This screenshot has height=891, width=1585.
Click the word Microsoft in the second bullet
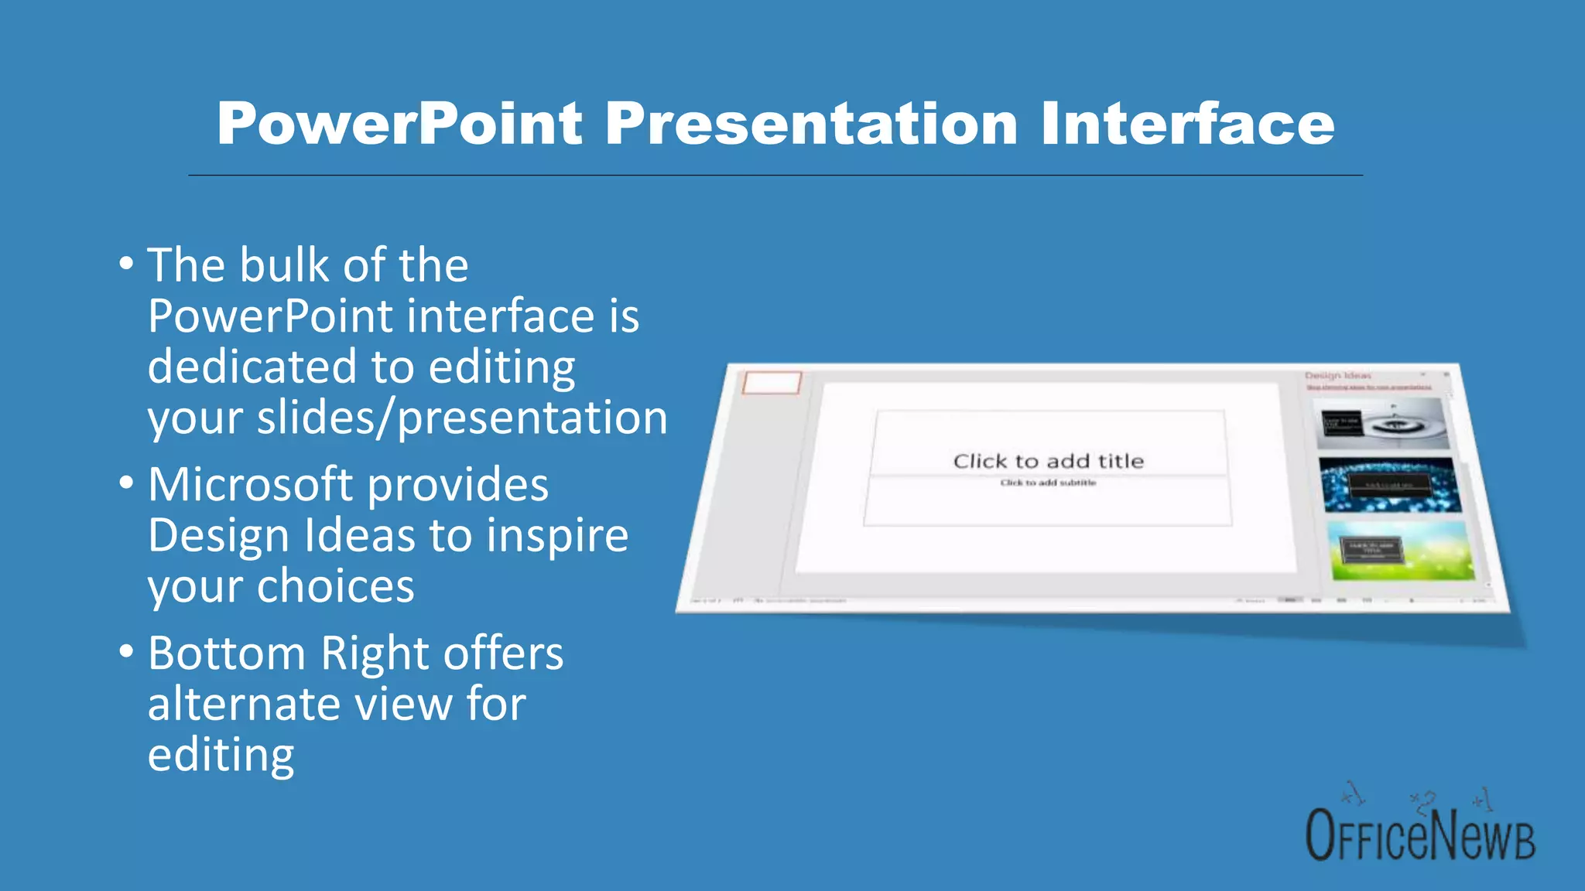tap(250, 485)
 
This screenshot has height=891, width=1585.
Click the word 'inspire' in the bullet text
tap(557, 535)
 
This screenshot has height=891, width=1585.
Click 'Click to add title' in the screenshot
tap(1048, 461)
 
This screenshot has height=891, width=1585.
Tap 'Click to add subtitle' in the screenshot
tap(1048, 483)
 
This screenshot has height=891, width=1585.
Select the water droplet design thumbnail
tap(1382, 424)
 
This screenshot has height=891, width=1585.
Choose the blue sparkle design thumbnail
tap(1390, 485)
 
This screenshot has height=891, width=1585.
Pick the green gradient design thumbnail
tap(1401, 551)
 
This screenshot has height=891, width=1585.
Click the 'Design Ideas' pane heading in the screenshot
tap(1337, 376)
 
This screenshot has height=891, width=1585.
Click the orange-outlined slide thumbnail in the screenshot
tap(772, 382)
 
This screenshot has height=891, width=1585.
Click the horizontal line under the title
tap(775, 176)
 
